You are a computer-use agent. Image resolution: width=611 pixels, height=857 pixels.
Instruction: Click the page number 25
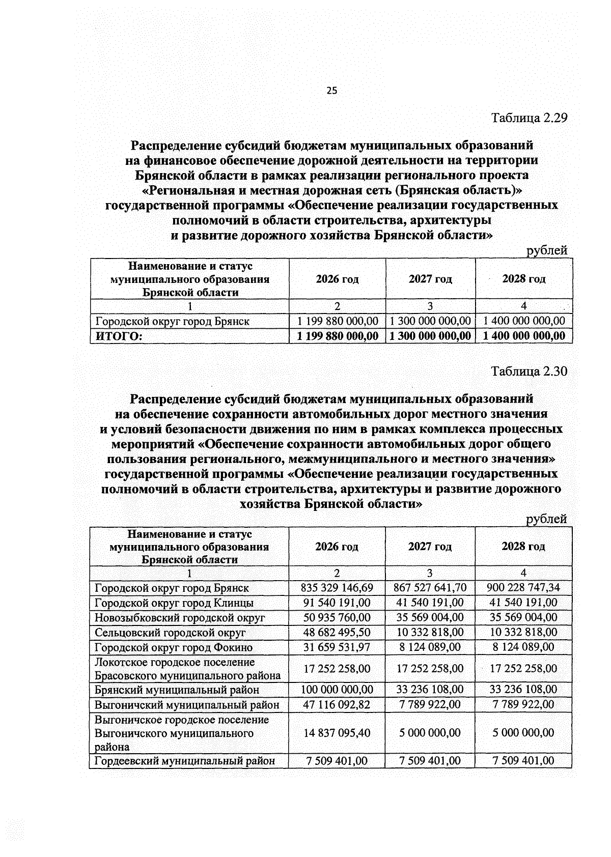331,91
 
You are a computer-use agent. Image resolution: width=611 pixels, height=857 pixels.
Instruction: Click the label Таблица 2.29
529,118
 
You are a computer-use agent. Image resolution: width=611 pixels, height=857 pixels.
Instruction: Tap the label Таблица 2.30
529,371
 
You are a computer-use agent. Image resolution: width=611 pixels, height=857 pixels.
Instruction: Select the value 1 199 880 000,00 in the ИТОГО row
337,336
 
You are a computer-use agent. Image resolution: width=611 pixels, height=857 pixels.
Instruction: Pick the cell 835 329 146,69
337,588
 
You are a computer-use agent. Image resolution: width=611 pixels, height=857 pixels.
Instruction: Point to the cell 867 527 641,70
430,588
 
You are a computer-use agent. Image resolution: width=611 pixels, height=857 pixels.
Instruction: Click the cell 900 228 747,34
523,588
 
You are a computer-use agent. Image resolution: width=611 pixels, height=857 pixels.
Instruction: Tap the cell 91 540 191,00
337,603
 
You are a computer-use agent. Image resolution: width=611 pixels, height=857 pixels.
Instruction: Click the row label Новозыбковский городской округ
180,618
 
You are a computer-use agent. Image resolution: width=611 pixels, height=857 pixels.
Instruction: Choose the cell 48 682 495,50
337,633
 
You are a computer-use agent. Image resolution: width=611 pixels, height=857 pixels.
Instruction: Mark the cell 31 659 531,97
337,647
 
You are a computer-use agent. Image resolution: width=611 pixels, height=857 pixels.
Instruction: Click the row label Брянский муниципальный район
177,690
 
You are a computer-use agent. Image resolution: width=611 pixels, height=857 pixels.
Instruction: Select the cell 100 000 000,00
337,690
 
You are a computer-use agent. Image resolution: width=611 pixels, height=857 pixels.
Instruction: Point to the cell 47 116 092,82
337,705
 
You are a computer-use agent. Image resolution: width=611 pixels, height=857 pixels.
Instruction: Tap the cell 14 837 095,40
337,733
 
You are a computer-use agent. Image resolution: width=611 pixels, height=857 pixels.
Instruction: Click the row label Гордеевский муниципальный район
185,761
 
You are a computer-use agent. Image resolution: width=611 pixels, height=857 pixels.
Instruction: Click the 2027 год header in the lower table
430,547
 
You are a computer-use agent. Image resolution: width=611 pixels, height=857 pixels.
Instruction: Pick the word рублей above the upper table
546,250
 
